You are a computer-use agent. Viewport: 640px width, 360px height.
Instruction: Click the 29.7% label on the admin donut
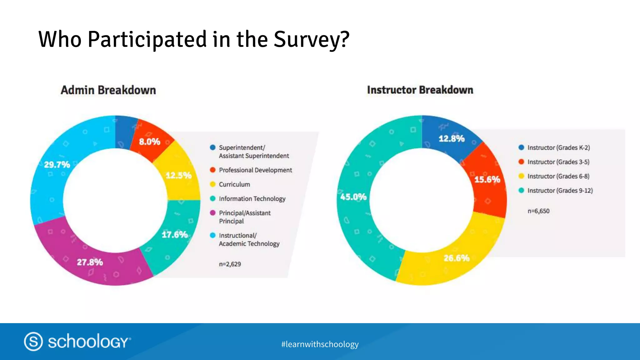(x=57, y=165)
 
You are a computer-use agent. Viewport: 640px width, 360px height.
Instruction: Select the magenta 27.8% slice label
(x=90, y=262)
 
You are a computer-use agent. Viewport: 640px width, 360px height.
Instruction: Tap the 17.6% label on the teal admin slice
(x=175, y=235)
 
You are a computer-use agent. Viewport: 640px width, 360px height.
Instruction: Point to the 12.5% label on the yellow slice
(x=178, y=175)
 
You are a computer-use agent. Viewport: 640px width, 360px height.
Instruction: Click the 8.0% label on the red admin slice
(x=150, y=142)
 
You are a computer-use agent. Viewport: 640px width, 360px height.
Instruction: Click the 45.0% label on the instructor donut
(x=353, y=197)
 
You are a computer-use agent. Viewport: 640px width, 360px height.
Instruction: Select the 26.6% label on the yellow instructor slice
(x=457, y=258)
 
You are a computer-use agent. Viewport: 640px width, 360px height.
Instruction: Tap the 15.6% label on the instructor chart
(x=487, y=179)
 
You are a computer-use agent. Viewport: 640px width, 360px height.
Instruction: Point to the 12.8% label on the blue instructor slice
(x=452, y=139)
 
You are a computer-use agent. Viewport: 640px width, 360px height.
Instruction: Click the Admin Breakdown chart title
(x=108, y=90)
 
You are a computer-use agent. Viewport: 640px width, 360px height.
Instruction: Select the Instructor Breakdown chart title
(x=420, y=90)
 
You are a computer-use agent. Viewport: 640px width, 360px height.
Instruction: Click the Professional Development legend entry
(x=255, y=170)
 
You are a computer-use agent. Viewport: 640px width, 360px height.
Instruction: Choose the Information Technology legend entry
(x=252, y=199)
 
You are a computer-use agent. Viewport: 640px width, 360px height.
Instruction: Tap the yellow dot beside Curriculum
(x=213, y=184)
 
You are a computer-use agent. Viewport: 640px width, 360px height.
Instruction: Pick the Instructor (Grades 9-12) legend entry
(x=560, y=191)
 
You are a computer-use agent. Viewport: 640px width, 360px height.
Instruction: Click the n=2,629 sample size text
(x=230, y=264)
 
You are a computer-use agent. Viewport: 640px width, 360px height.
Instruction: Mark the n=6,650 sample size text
(x=538, y=211)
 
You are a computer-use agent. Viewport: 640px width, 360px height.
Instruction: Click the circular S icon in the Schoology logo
(x=33, y=341)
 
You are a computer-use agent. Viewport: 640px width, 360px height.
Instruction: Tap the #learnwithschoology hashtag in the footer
(x=320, y=344)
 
